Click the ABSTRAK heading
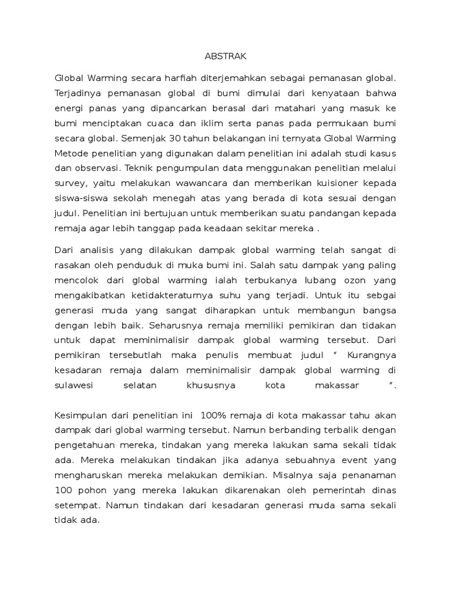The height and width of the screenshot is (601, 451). [226, 56]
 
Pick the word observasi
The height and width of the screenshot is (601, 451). [92, 169]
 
